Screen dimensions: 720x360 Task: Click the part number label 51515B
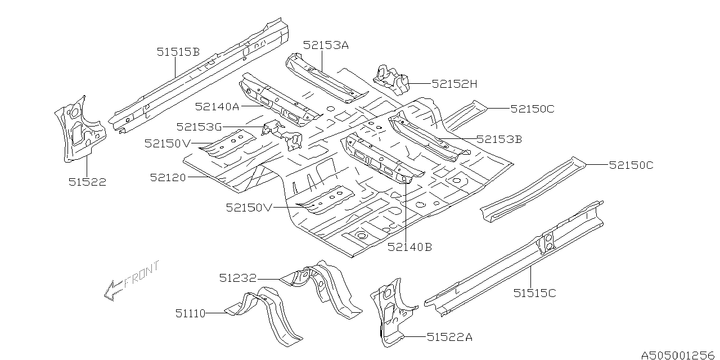pos(178,52)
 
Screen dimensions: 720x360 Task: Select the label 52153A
pos(326,46)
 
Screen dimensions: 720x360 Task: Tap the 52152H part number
pos(454,84)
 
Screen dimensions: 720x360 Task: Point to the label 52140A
pos(217,107)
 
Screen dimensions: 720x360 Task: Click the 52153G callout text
pos(199,127)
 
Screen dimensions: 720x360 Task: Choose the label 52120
pos(168,177)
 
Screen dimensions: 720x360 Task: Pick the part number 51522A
pos(449,337)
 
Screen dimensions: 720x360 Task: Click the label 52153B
pos(499,139)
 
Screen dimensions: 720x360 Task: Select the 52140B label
pos(409,247)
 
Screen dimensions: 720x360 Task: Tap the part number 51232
pos(238,278)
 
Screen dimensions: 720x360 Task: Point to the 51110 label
pos(190,313)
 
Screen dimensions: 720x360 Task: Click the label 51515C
pos(534,293)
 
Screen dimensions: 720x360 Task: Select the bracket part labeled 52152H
pos(390,80)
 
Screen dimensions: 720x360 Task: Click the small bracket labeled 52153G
pos(282,135)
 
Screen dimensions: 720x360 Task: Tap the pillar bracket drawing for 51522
pos(80,129)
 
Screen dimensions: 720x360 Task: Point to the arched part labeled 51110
pos(264,317)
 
